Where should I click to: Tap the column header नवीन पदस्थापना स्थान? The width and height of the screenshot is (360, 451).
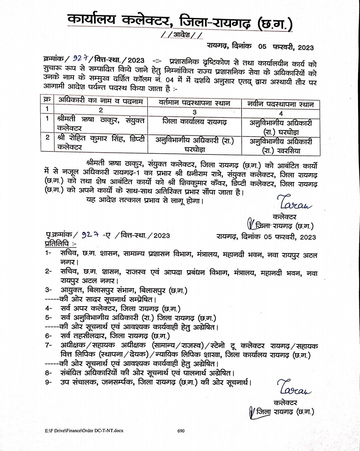[x=280, y=104]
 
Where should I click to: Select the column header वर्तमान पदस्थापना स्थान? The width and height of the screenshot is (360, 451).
[x=194, y=103]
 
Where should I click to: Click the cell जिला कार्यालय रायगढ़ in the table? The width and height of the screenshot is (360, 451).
[x=194, y=122]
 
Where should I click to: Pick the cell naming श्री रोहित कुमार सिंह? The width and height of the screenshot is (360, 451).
[x=100, y=143]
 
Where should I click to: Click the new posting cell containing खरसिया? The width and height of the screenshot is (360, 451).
[x=281, y=146]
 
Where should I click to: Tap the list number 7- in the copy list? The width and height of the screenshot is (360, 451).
[x=49, y=345]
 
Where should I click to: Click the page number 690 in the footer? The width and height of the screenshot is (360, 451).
[x=181, y=431]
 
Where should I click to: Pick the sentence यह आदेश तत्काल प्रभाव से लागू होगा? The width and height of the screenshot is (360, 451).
[x=144, y=201]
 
